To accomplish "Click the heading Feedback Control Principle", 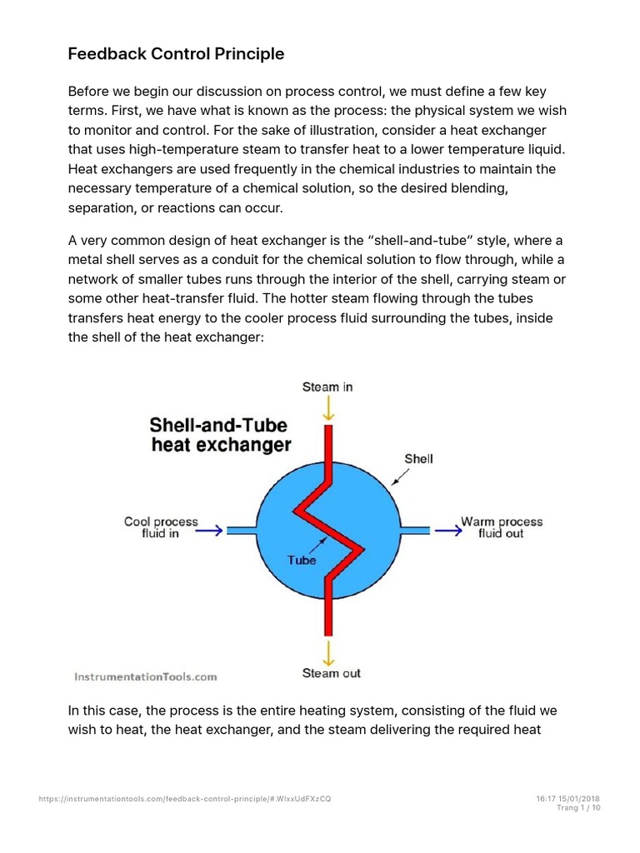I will pyautogui.click(x=176, y=54).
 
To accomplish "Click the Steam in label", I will pyautogui.click(x=327, y=387).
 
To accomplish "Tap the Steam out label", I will pyautogui.click(x=331, y=672).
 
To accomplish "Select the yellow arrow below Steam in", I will pyautogui.click(x=329, y=408).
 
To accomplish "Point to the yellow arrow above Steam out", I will pyautogui.click(x=330, y=650).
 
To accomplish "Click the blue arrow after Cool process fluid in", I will pyautogui.click(x=212, y=530).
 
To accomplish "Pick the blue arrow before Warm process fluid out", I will pyautogui.click(x=446, y=530).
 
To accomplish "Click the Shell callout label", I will pyautogui.click(x=418, y=458).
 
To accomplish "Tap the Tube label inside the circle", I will pyautogui.click(x=302, y=560).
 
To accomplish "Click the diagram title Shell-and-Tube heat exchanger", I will pyautogui.click(x=221, y=435).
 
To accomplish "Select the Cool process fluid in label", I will pyautogui.click(x=161, y=528).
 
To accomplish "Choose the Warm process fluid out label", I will pyautogui.click(x=502, y=528).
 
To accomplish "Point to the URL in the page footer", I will pyautogui.click(x=185, y=799).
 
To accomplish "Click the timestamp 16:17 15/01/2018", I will pyautogui.click(x=568, y=799).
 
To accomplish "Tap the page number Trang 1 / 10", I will pyautogui.click(x=577, y=808).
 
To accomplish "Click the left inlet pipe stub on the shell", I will pyautogui.click(x=242, y=530).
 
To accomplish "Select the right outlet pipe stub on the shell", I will pyautogui.click(x=417, y=530).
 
